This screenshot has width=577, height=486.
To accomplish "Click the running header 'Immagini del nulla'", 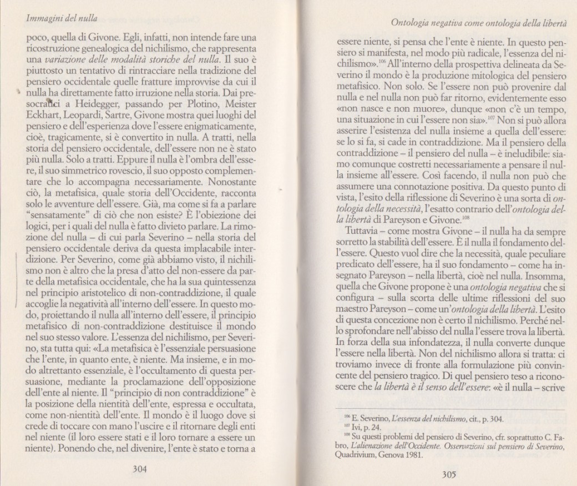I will [x=58, y=18].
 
